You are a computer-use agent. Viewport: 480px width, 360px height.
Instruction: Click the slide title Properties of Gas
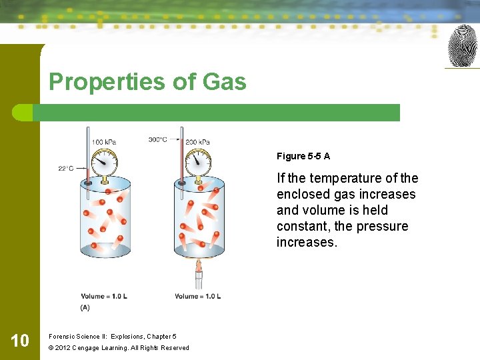click(x=147, y=82)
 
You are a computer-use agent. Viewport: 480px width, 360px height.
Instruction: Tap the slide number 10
click(x=20, y=341)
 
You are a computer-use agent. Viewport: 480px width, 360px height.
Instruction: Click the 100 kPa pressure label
click(x=103, y=142)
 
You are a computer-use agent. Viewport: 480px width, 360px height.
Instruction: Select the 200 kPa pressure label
click(x=197, y=142)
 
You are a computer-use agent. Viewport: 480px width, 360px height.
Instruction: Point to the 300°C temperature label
click(x=158, y=140)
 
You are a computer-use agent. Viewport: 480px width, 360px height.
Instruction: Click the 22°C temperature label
click(x=66, y=169)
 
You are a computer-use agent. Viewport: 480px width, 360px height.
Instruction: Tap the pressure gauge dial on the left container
click(x=103, y=161)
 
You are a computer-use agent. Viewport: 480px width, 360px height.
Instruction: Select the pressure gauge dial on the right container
click(x=197, y=161)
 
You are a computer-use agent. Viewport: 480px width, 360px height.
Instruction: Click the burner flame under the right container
click(x=198, y=266)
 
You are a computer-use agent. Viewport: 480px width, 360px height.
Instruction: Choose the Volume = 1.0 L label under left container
click(x=103, y=296)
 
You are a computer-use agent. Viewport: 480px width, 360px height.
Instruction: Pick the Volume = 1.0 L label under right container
click(x=197, y=296)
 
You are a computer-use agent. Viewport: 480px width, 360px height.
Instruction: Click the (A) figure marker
click(x=85, y=307)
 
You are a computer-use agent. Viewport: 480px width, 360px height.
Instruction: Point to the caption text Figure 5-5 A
click(x=303, y=156)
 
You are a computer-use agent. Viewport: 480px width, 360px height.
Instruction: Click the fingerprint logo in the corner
click(x=462, y=46)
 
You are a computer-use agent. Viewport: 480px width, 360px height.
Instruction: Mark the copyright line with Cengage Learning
click(x=119, y=347)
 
